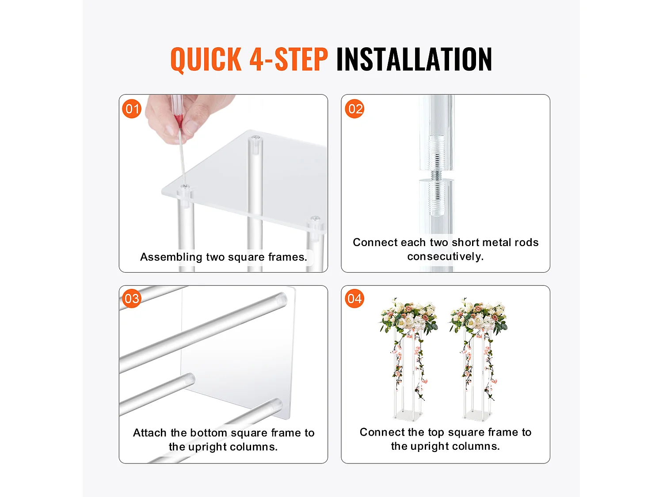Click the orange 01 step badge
pos(132,109)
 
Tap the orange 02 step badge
pos(354,109)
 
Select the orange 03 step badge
pos(132,299)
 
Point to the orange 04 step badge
pos(354,299)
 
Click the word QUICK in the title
pos(206,60)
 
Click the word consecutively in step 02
pos(445,257)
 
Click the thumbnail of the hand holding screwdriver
pos(223,183)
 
